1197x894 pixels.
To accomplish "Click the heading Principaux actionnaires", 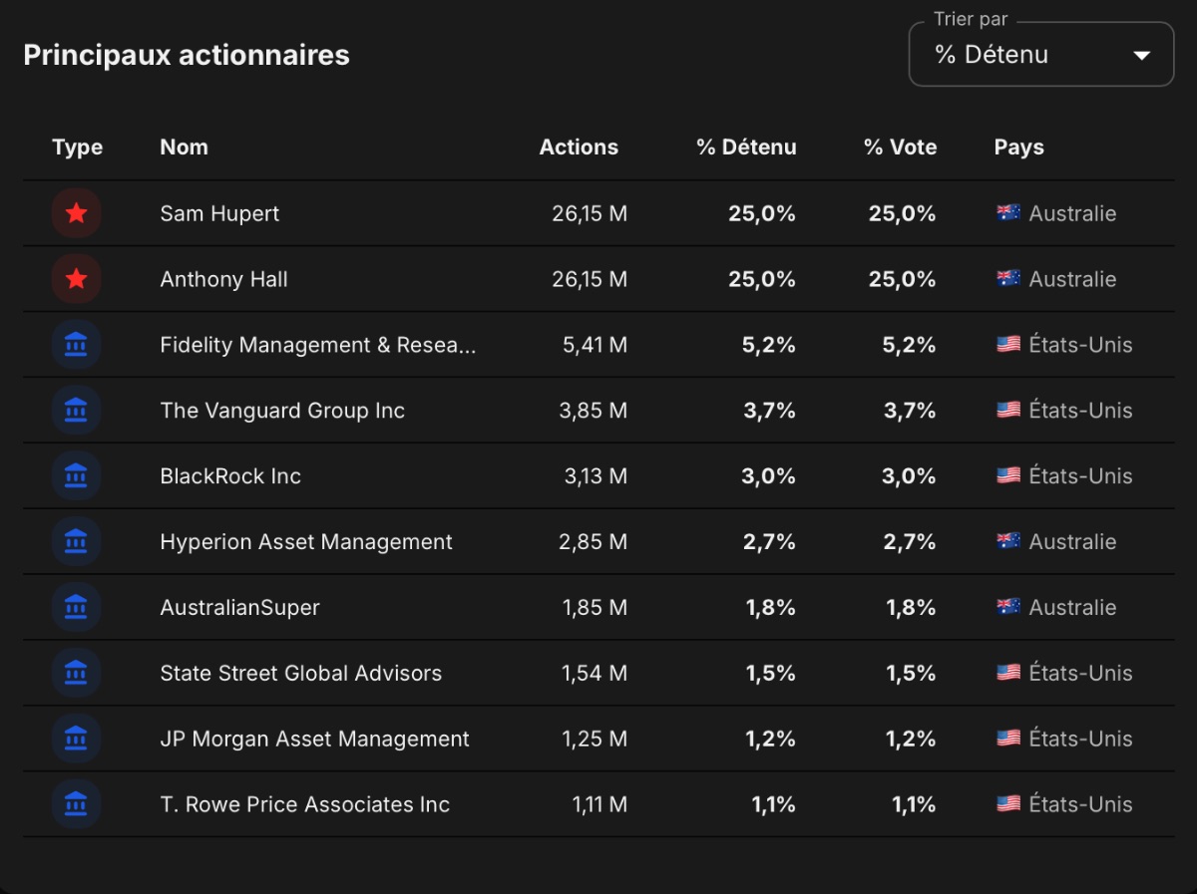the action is tap(187, 55).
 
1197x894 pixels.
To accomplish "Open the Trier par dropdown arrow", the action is tap(1141, 55).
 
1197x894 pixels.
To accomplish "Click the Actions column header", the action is tap(579, 148).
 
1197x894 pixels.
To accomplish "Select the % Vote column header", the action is tap(901, 148).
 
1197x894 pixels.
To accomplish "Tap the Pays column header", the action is tap(1018, 148).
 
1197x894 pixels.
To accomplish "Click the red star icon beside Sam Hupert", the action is tap(77, 213).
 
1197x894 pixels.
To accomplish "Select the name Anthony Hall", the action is tap(223, 279).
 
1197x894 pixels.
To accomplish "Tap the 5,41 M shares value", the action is tap(595, 345).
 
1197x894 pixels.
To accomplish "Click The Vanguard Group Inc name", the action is tap(282, 411).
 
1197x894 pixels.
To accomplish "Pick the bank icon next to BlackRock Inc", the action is tap(77, 475).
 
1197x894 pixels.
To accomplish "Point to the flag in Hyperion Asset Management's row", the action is tap(1008, 541).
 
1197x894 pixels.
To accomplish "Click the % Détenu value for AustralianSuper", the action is tap(770, 607).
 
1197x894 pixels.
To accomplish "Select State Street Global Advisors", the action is tap(301, 674).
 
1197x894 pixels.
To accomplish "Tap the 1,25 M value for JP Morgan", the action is tap(595, 739).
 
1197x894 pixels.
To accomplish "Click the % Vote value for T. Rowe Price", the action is tap(914, 804).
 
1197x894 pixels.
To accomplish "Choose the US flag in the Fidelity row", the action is tap(1008, 344).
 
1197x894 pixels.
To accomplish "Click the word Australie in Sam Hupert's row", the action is tap(1072, 213).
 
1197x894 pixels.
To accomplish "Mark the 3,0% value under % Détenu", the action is tap(768, 476).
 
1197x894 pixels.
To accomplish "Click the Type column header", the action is tap(78, 148).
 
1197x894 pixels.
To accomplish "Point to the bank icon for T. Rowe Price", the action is tap(77, 804).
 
